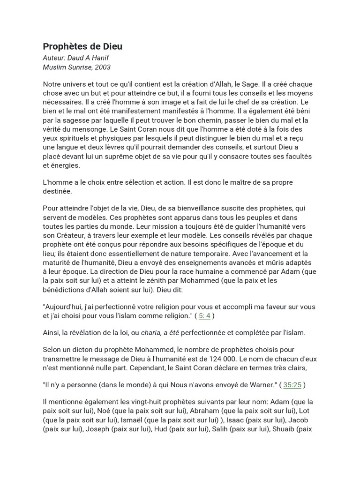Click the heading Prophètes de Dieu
82,46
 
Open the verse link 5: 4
204,316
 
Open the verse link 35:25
292,385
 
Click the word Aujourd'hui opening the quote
66,307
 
